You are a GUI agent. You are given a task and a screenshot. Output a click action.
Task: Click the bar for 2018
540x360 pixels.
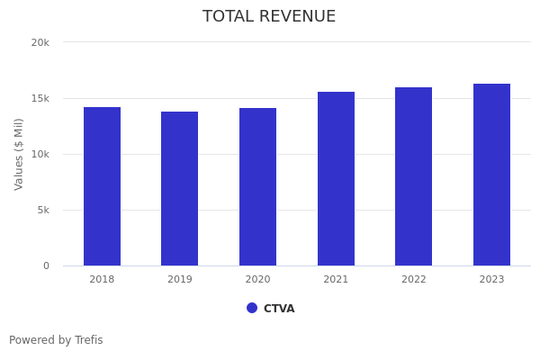[x=102, y=186]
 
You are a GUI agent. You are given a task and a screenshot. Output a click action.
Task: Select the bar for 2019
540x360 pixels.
[x=180, y=189]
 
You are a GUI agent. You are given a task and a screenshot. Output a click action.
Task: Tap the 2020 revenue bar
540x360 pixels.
[x=257, y=187]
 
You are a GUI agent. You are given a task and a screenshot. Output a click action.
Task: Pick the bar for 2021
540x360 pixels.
[x=336, y=179]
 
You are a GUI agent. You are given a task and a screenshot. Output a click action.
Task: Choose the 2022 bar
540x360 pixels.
[x=414, y=176]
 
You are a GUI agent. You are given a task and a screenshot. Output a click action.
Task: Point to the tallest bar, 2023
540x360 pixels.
[x=491, y=175]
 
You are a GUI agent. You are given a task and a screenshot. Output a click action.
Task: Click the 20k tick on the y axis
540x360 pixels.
[x=40, y=42]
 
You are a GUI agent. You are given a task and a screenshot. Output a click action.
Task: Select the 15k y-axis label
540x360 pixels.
[x=40, y=98]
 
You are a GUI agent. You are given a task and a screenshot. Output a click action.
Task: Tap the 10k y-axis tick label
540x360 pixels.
[x=40, y=154]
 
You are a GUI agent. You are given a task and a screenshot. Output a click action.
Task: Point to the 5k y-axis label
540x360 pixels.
[x=43, y=210]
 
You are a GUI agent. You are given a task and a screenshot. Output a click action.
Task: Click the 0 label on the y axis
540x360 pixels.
[x=46, y=265]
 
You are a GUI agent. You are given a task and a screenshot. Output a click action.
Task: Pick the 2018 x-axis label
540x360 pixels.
[x=102, y=280]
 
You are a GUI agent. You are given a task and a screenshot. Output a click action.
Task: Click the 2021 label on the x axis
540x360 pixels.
[x=336, y=280]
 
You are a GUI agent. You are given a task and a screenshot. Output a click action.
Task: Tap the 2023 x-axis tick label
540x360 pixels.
[x=491, y=280]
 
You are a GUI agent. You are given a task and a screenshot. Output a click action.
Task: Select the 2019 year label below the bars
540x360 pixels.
[x=180, y=280]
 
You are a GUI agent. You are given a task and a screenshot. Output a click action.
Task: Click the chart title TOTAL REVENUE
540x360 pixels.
[x=269, y=17]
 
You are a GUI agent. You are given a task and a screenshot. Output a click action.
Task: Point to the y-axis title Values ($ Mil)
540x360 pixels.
[x=19, y=154]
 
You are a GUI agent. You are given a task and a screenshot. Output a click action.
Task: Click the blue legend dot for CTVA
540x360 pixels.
[x=252, y=308]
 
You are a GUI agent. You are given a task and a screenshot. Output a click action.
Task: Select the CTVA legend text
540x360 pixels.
[x=279, y=309]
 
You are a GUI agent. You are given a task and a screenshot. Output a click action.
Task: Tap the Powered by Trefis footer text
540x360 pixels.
[x=56, y=340]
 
